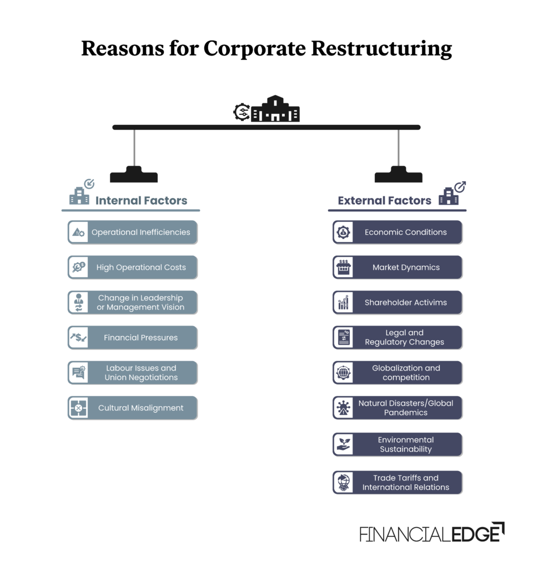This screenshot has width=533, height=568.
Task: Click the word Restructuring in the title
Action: (381, 49)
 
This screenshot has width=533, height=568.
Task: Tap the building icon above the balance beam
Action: (275, 109)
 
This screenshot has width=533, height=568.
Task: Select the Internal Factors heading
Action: (141, 200)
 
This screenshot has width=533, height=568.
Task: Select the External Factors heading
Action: (384, 200)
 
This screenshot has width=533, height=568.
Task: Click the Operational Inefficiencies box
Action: (133, 232)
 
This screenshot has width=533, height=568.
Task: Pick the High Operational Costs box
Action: (133, 267)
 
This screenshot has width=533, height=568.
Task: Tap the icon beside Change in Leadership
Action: (78, 302)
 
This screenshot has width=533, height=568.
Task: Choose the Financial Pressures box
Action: (133, 337)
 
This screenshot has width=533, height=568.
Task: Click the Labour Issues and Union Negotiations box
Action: (133, 373)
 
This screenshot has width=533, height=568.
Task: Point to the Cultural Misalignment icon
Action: (78, 408)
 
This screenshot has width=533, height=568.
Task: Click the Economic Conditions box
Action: (398, 232)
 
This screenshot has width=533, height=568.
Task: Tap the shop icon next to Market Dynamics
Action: (344, 267)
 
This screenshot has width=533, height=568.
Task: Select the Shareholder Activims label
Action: (405, 302)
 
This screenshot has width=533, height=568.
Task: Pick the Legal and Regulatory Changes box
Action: (398, 337)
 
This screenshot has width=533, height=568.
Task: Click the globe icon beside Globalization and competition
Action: (344, 373)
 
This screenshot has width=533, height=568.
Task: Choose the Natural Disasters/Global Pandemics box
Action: (398, 408)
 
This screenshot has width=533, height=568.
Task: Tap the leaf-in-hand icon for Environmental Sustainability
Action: (344, 444)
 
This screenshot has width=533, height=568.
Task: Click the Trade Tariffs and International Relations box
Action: (398, 483)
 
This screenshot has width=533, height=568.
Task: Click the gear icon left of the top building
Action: (242, 112)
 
